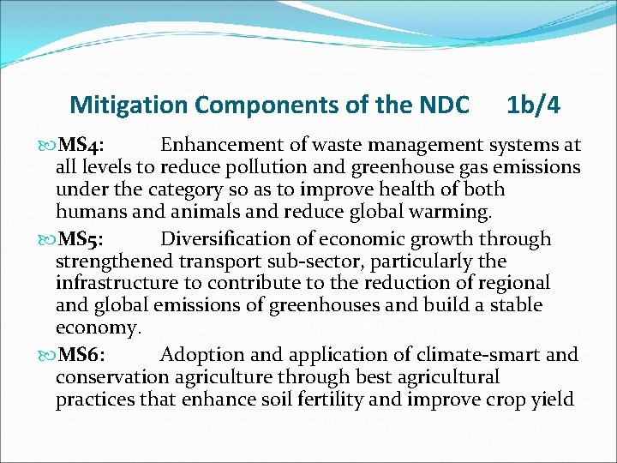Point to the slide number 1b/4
pos(533,105)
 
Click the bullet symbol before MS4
pos(45,145)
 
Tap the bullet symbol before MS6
pos(45,354)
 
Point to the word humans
pos(92,212)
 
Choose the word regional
pos(510,283)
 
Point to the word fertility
pos(360,400)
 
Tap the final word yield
pos(552,400)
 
